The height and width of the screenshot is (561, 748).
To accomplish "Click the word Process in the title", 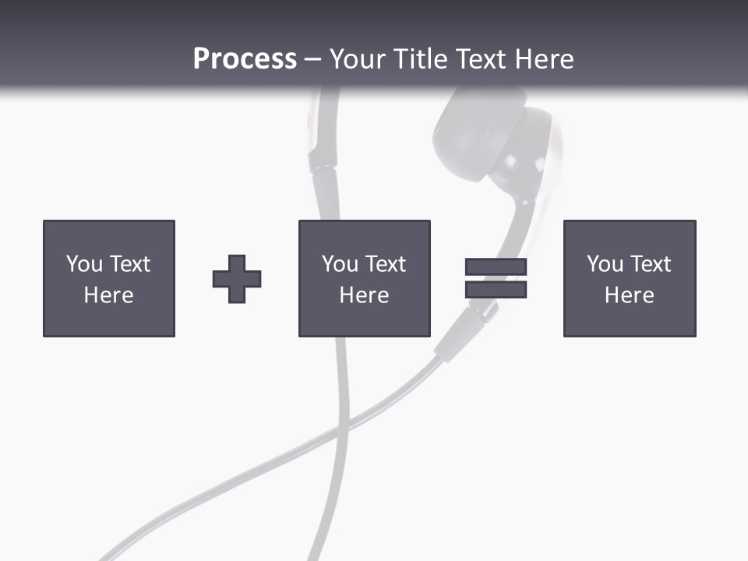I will coord(245,59).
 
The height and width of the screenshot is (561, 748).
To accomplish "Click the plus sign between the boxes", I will coord(237,279).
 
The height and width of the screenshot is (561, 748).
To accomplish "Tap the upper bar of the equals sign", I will coord(496,266).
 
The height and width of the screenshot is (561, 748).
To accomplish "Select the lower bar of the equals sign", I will coord(496,290).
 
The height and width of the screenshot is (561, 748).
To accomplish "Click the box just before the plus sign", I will coord(109,278).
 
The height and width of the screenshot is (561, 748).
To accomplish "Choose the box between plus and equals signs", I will coord(364,278).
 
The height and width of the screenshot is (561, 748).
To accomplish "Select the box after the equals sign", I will coord(630,278).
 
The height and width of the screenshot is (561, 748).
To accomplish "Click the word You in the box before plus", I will coord(84,264).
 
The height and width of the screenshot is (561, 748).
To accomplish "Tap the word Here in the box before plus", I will coord(109,295).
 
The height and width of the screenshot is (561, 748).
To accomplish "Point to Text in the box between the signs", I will coord(386,264).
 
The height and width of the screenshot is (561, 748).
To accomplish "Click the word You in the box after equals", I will coord(605,264).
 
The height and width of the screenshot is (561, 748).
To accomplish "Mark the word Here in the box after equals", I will coord(630,295).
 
